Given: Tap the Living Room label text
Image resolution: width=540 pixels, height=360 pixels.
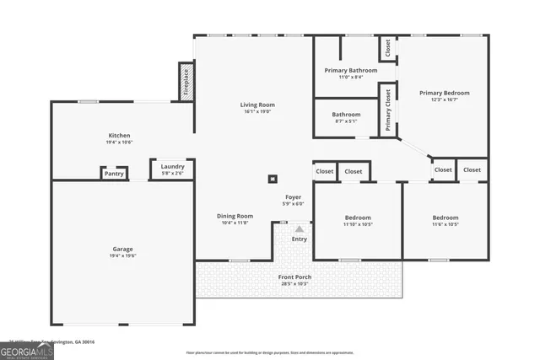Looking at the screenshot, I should (257, 105).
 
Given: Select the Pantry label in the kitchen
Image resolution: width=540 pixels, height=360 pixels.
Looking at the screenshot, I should (114, 174).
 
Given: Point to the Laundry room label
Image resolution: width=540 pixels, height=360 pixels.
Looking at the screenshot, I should (172, 166).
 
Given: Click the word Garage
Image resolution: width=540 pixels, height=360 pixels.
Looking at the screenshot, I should (123, 249).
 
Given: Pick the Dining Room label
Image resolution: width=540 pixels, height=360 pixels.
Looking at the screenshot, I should (235, 216).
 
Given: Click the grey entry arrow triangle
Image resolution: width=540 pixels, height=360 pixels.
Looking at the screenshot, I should (299, 228).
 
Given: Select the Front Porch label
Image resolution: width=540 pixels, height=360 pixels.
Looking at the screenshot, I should (295, 277).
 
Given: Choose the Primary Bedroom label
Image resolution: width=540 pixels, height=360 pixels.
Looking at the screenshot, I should (445, 93).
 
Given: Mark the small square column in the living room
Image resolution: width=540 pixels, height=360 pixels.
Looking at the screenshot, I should (273, 178).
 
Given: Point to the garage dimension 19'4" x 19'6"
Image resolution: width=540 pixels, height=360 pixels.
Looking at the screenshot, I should (123, 255).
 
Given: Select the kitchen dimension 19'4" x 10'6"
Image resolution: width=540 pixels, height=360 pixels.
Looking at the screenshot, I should (119, 142).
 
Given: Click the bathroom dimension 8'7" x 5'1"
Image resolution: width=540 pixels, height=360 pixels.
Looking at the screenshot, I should (346, 121).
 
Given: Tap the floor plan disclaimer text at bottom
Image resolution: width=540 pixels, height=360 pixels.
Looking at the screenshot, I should (269, 352).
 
